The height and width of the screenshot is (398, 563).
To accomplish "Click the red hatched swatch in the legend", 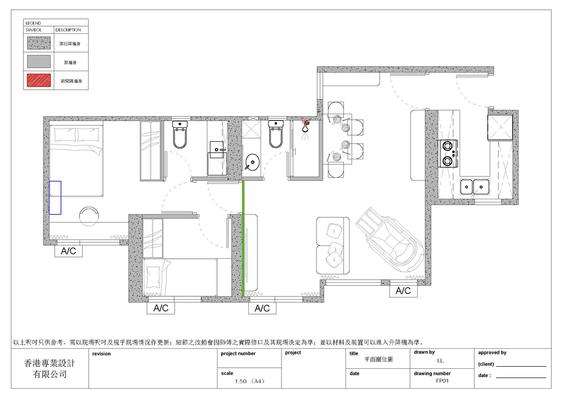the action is click(39, 80).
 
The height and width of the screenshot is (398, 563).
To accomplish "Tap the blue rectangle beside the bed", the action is click(55, 198).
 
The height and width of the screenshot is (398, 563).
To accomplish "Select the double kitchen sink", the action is click(474, 187).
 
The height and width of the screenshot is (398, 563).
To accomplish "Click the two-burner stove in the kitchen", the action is click(448, 154).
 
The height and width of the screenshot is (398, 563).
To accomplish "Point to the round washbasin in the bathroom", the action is click(252, 162).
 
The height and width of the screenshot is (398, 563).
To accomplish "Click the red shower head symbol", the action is click(306, 126).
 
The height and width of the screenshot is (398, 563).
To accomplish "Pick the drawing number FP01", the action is click(442, 381).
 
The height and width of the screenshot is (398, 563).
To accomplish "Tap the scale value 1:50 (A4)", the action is click(250, 381).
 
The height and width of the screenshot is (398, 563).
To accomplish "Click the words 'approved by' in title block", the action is click(492, 353).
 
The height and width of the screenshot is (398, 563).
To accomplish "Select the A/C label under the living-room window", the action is click(403, 290).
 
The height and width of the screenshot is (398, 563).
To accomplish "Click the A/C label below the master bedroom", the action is click(68, 250).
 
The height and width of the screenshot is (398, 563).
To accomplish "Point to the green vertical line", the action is click(243, 239).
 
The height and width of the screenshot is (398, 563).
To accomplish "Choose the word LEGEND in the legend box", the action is click(33, 23).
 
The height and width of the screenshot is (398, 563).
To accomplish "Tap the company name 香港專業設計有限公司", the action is click(50, 368).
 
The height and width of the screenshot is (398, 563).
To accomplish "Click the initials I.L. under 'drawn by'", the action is click(441, 361).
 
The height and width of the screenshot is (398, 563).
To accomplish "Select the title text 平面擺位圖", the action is click(378, 359).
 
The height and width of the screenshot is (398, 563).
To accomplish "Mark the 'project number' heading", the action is click(238, 353).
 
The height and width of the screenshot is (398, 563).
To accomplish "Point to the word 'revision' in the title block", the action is click(101, 354).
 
